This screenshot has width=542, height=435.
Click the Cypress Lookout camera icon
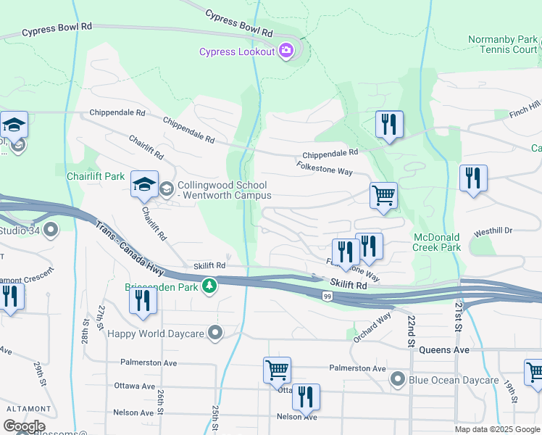pyautogui.click(x=286, y=51)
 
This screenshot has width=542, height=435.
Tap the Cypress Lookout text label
pyautogui.click(x=237, y=51)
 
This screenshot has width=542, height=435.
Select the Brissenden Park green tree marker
pyautogui.click(x=209, y=286)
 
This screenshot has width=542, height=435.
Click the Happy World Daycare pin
pyautogui.click(x=215, y=333)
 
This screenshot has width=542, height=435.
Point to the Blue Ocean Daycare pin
pyautogui.click(x=397, y=379)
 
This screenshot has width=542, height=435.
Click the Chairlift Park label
pyautogui.click(x=95, y=176)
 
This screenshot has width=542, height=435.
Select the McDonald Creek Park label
pyautogui.click(x=437, y=242)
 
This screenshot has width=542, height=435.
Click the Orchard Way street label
pyautogui.click(x=372, y=327)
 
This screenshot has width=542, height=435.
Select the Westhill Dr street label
pyautogui.click(x=493, y=231)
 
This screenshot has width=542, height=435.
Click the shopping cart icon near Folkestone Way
pyautogui.click(x=383, y=196)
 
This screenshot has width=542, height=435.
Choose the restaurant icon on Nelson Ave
pyautogui.click(x=305, y=398)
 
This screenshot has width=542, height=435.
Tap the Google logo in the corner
pyautogui.click(x=23, y=427)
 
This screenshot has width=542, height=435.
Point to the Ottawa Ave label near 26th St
pyautogui.click(x=135, y=386)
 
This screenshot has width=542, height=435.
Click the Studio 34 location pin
pyautogui.click(x=51, y=231)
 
